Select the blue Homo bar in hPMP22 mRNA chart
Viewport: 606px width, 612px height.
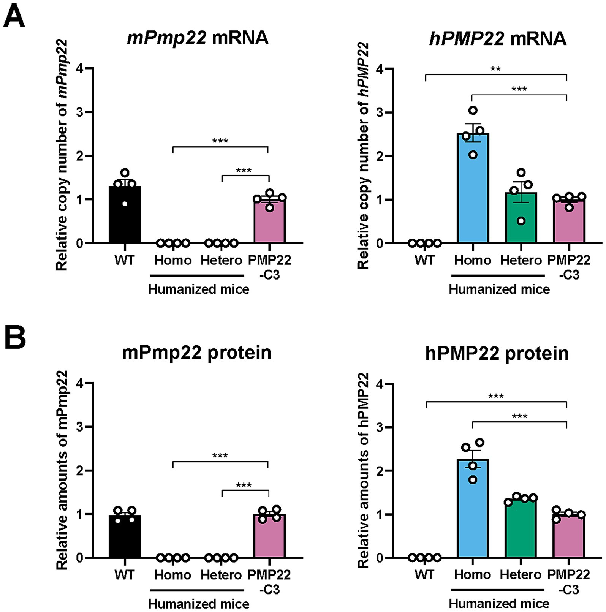point(473,190)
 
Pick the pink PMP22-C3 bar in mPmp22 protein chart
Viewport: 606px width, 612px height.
point(269,536)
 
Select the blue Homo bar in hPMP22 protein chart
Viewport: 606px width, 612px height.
point(473,509)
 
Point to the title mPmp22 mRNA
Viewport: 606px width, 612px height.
point(198,38)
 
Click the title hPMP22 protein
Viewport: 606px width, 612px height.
point(497,353)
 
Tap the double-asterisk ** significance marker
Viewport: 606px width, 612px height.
point(495,69)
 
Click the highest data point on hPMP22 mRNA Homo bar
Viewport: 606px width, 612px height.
point(473,111)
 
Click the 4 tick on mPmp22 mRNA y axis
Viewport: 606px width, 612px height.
point(80,69)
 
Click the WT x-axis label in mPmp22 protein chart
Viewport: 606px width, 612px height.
point(124,575)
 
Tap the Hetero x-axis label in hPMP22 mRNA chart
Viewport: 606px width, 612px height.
point(521,260)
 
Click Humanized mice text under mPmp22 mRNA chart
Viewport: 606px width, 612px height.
point(199,289)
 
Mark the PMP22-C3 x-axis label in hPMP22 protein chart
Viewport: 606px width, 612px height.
point(569,581)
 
